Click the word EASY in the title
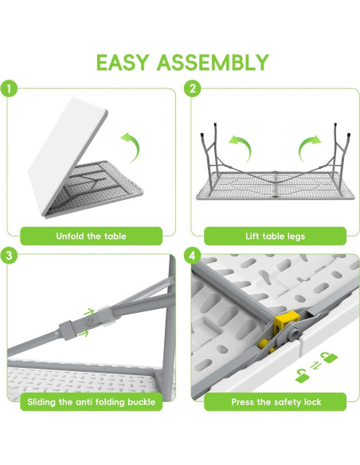coord(122,63)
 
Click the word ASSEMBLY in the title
coord(213,63)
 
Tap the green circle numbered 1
coord(9,88)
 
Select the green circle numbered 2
coord(193,88)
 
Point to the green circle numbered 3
coord(9,255)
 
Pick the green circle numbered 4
coord(193,255)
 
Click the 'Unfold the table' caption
coord(91,236)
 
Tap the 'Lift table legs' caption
coord(275,236)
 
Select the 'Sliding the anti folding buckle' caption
coord(91,402)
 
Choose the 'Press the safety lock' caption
coord(276,402)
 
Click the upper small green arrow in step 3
coord(89,312)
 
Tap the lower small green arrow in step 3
coord(84,334)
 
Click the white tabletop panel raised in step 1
coord(67,156)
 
